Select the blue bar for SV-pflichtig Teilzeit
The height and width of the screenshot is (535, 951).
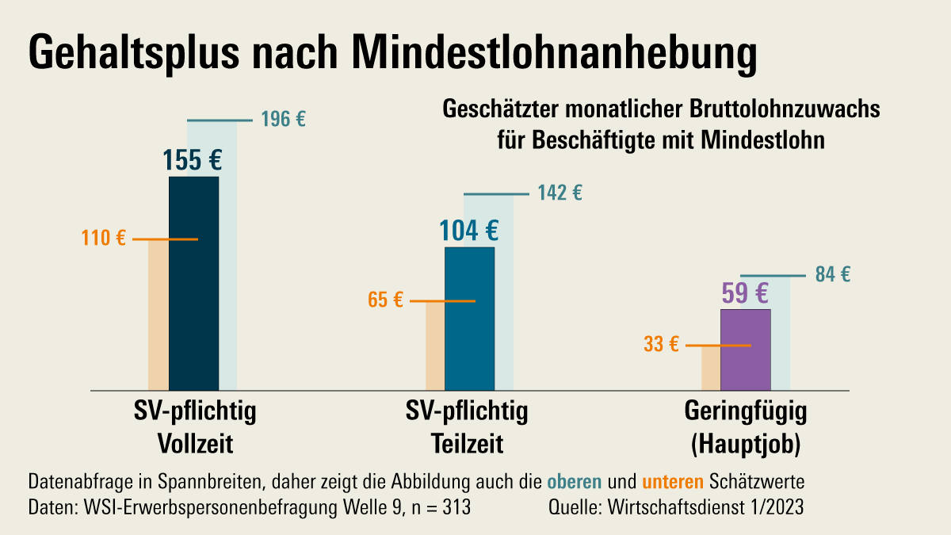tap(469, 319)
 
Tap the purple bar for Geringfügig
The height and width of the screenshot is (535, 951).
tap(745, 350)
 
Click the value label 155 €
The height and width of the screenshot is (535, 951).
tap(193, 160)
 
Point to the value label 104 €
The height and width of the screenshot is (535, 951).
tap(469, 231)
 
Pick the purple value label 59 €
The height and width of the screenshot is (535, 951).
tap(745, 293)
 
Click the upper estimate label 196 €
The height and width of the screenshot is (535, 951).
tap(283, 120)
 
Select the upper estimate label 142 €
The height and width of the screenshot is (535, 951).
tap(560, 193)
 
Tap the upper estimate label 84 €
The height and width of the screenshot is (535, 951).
tap(833, 275)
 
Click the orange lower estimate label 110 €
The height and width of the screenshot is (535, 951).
tap(104, 239)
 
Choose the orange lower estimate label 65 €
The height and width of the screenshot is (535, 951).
tap(386, 300)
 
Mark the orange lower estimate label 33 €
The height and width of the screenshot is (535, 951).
tap(661, 345)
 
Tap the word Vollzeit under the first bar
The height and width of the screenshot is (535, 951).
tap(194, 442)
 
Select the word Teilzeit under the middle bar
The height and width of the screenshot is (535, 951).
tap(467, 442)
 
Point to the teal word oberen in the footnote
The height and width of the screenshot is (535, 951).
tap(575, 481)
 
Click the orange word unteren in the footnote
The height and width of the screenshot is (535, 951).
tap(673, 481)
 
